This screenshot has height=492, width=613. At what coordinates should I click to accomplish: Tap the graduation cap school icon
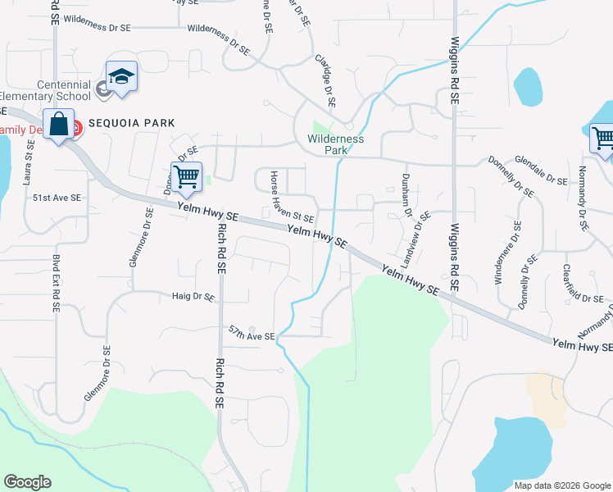pyautogui.click(x=121, y=77)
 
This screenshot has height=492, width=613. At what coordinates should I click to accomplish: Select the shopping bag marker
pyautogui.click(x=59, y=125)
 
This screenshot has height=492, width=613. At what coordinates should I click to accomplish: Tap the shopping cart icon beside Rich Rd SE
pyautogui.click(x=187, y=177)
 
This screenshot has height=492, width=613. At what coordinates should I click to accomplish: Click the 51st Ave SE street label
pyautogui.click(x=57, y=198)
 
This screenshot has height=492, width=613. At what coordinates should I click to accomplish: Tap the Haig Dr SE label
pyautogui.click(x=193, y=297)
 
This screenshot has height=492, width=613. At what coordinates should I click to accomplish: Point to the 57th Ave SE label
pyautogui.click(x=251, y=337)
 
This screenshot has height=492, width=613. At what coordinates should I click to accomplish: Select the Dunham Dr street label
pyautogui.click(x=407, y=194)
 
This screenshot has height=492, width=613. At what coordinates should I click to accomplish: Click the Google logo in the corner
pyautogui.click(x=28, y=482)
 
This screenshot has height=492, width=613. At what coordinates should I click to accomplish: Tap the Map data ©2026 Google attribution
pyautogui.click(x=561, y=485)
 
